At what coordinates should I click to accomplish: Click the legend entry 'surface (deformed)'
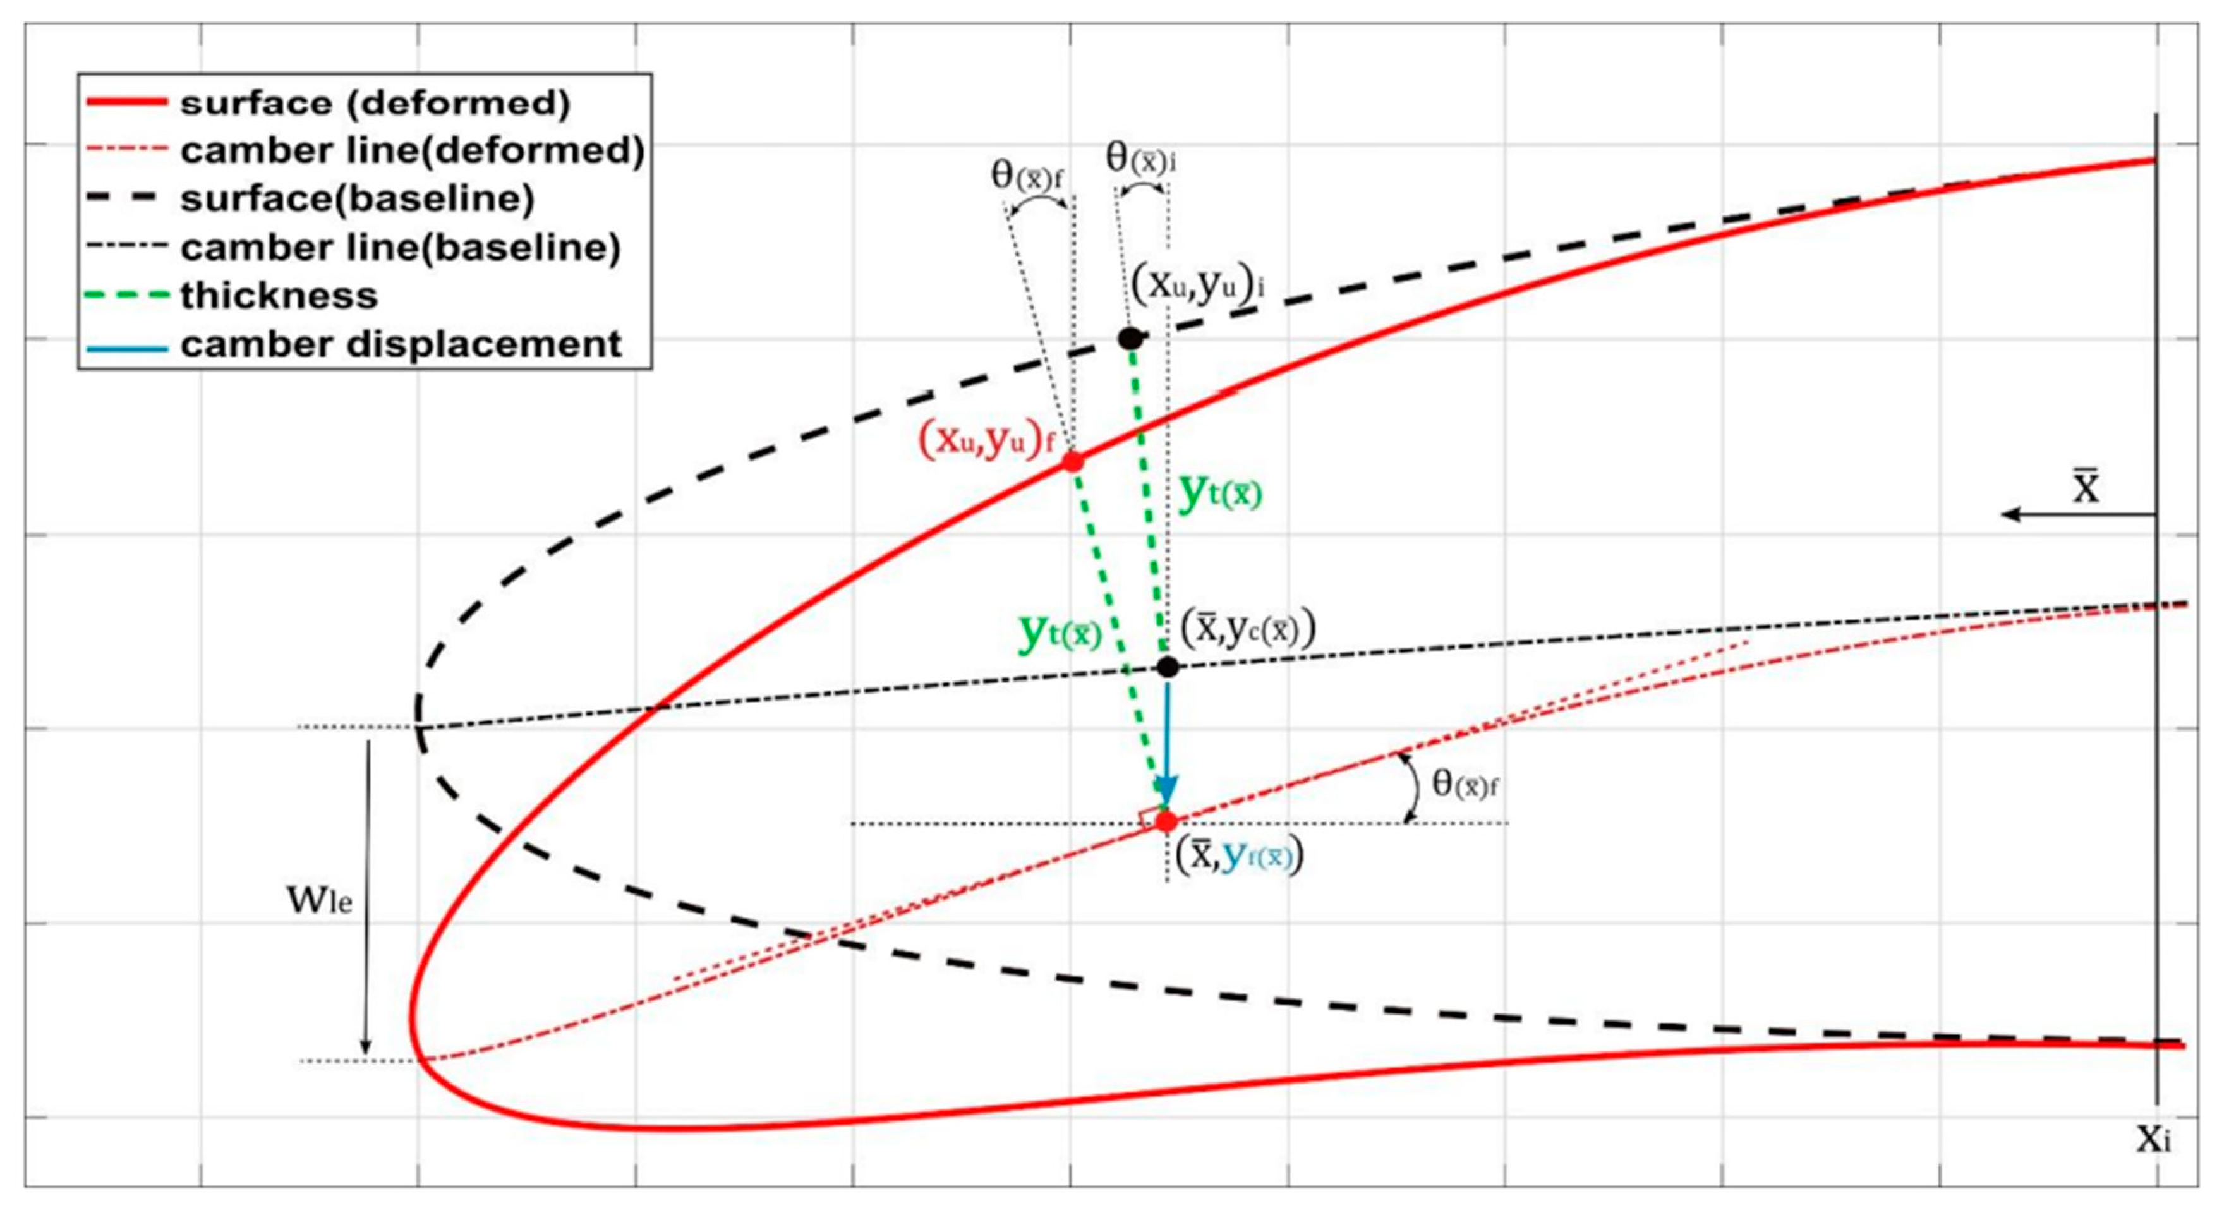click(375, 103)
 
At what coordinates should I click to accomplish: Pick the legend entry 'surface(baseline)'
click(357, 200)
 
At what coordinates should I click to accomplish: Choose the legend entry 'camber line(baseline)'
click(400, 248)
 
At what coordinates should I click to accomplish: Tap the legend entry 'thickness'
click(279, 296)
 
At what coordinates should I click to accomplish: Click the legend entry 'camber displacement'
click(400, 344)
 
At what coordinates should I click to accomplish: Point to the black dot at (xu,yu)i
click(1130, 338)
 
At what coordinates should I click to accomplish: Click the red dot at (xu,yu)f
click(1072, 461)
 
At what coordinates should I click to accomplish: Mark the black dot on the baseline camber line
click(1167, 666)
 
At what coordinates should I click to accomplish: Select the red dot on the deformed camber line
click(1166, 822)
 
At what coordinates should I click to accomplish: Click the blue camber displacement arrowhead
click(1166, 790)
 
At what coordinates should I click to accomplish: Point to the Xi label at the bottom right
click(2153, 1139)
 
